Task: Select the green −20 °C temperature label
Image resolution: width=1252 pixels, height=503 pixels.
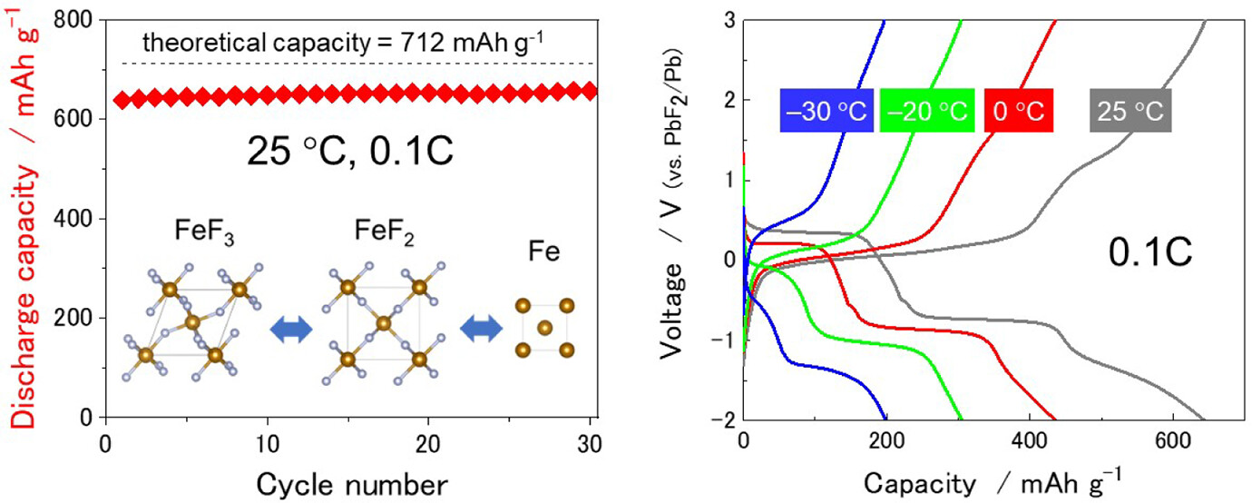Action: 927,112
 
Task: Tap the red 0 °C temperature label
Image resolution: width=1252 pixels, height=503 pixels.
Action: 1019,112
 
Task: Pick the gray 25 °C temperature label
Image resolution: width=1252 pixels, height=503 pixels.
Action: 1130,112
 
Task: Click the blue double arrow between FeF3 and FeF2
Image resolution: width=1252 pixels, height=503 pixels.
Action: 291,330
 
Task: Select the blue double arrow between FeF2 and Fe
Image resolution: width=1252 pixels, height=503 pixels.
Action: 481,330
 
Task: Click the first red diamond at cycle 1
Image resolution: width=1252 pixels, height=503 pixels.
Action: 122,99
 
